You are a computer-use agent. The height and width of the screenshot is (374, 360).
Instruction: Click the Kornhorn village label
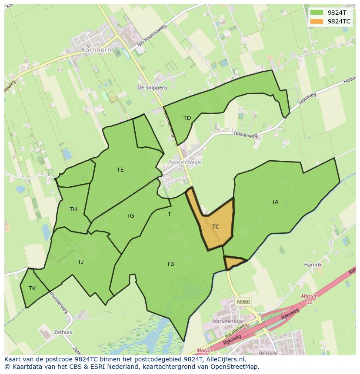point(96,50)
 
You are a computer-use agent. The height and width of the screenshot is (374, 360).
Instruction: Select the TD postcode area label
point(187,118)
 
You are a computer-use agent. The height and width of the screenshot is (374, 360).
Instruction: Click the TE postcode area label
point(120,170)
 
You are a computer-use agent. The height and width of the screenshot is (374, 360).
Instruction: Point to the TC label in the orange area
point(216,227)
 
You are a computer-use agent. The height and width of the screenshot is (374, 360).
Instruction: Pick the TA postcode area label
point(275,202)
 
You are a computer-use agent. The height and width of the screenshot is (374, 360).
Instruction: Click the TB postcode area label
point(170,264)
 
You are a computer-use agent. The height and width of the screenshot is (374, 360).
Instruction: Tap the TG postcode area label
point(130,216)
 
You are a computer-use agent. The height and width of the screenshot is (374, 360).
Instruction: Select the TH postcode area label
point(73,209)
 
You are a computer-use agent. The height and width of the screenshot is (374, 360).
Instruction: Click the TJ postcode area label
point(80,261)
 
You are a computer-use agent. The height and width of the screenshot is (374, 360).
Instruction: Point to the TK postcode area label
point(32,288)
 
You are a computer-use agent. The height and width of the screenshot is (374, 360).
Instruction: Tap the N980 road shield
point(243,301)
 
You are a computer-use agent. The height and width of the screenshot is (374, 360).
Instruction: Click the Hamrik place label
point(313,265)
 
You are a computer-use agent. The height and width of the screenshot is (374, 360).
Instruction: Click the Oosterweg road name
point(245,135)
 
